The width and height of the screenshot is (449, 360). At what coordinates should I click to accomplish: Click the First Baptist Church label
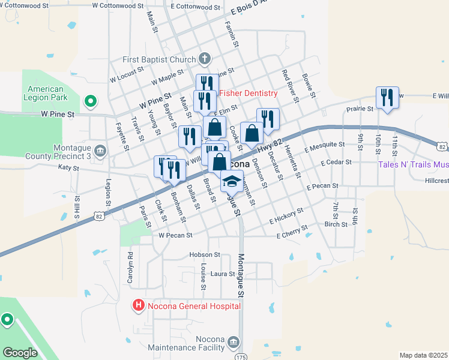[x=159, y=59]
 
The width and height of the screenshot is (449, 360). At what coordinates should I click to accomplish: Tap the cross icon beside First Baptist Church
[x=205, y=59]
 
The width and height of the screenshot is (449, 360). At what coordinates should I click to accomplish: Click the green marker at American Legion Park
[x=90, y=102]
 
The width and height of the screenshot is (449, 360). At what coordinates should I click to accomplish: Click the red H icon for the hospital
[x=139, y=306]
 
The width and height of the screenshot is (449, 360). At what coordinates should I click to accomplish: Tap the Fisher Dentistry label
[x=248, y=93]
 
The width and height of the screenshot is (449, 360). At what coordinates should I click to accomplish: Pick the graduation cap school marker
[x=231, y=180]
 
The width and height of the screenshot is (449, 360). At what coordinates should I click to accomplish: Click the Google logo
[x=20, y=353]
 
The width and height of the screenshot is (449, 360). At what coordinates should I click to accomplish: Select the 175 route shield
[x=241, y=357]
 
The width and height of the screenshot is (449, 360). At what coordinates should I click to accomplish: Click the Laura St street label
[x=221, y=274]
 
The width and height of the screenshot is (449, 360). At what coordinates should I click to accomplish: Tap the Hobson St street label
[x=201, y=254]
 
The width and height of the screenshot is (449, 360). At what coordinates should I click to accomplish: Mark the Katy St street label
[x=68, y=169]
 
